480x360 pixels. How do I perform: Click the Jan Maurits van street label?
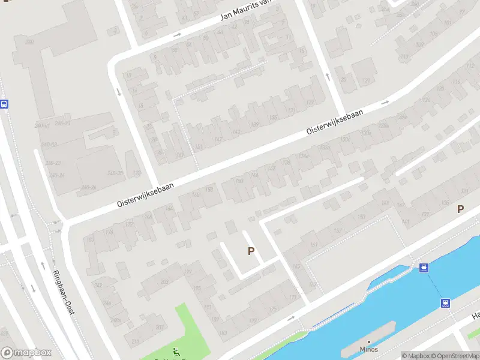click(x=247, y=10)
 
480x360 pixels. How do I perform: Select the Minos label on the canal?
click(x=369, y=349)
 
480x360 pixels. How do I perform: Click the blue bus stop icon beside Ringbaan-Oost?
click(x=4, y=104)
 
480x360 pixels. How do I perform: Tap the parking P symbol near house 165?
click(x=251, y=251)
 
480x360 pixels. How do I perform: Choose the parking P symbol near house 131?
click(x=460, y=209)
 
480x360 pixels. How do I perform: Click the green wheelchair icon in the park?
click(x=176, y=352)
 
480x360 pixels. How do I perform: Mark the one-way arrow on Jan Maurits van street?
click(x=178, y=35)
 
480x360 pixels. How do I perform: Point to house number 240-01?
click(x=41, y=126)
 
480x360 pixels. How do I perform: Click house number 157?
click(x=337, y=231)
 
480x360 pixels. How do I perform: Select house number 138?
click(x=287, y=163)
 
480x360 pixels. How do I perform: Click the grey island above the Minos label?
click(x=368, y=333)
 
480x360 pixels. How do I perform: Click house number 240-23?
click(x=53, y=163)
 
